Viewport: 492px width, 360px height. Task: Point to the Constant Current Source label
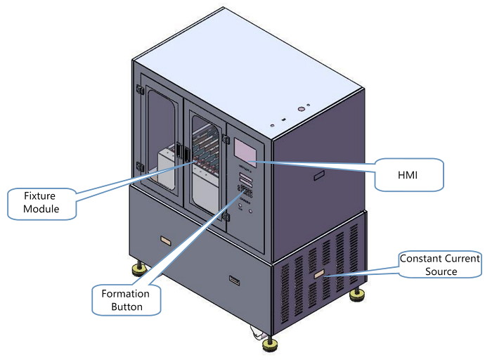(439, 265)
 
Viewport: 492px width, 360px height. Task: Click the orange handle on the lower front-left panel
(166, 240)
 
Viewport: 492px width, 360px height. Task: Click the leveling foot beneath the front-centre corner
(269, 345)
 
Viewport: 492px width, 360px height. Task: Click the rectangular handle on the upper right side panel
(318, 173)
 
